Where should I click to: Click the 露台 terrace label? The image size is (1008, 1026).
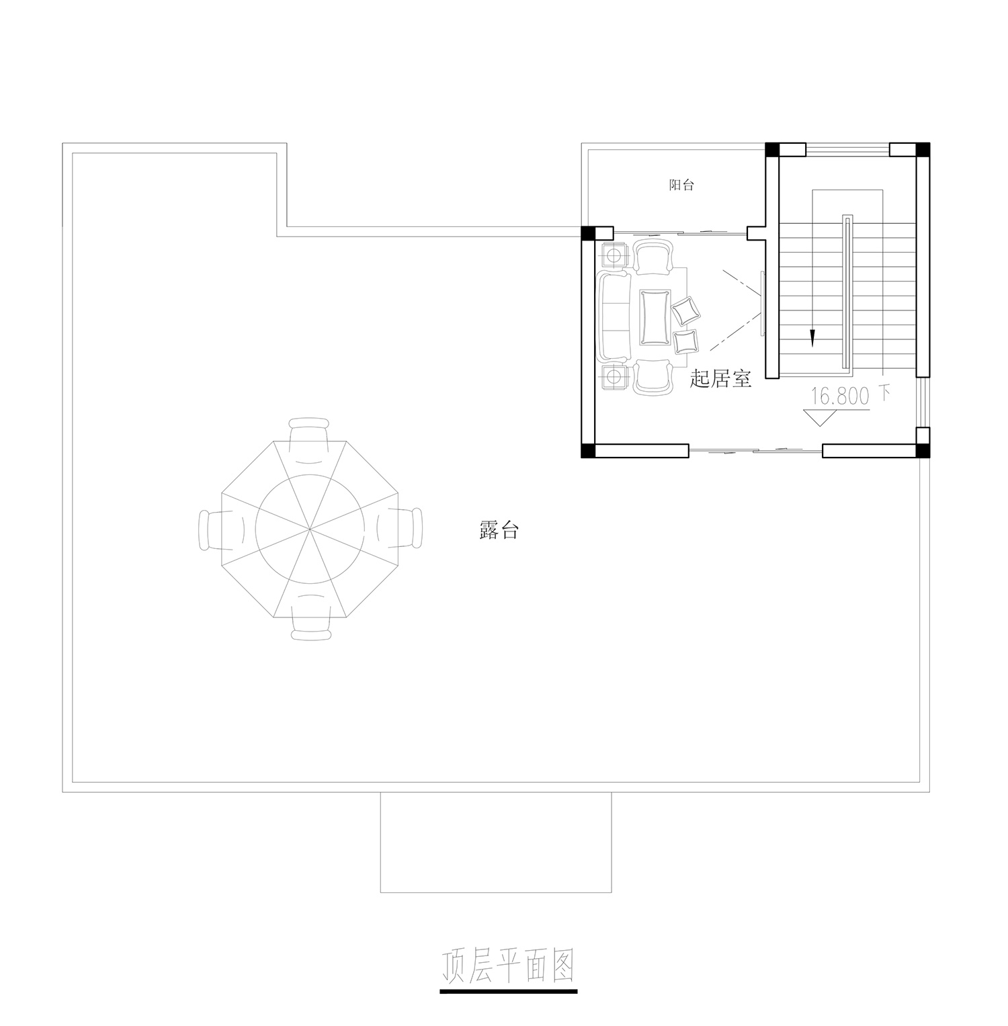click(499, 531)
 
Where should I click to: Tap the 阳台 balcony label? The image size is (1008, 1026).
click(681, 185)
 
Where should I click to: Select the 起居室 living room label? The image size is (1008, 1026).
click(720, 380)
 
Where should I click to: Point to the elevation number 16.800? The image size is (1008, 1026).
click(840, 396)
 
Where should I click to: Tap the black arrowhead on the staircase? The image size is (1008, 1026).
click(812, 339)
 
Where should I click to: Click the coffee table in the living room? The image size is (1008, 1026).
click(656, 317)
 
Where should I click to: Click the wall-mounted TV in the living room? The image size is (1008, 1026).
click(762, 303)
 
